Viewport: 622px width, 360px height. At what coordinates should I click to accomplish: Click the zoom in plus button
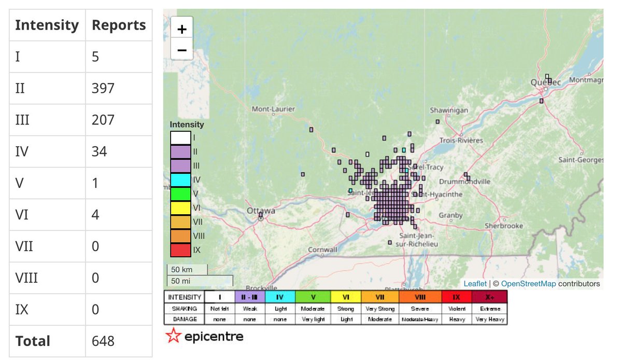[182, 29]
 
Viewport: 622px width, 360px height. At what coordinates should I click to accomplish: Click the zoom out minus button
[182, 50]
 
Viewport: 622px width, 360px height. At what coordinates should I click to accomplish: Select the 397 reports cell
[103, 88]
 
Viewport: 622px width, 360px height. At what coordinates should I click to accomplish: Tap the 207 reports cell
[103, 120]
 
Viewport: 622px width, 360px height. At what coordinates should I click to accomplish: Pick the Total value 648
[103, 341]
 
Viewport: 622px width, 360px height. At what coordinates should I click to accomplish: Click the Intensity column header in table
[47, 25]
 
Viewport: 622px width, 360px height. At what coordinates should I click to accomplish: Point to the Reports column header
[119, 25]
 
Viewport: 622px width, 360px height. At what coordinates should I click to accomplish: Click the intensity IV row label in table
[21, 151]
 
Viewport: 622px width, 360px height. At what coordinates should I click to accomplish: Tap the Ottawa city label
[260, 211]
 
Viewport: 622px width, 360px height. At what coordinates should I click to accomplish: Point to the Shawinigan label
[449, 110]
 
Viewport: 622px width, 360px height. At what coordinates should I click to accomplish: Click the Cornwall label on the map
[322, 250]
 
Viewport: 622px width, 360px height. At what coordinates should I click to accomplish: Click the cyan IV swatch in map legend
[180, 179]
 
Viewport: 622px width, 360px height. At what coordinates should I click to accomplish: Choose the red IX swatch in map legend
[180, 250]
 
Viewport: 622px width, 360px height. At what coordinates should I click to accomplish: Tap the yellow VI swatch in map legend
[180, 207]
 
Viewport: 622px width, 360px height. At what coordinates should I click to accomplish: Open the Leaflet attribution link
[475, 284]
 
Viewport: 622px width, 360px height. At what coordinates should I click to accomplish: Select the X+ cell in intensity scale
[489, 297]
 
